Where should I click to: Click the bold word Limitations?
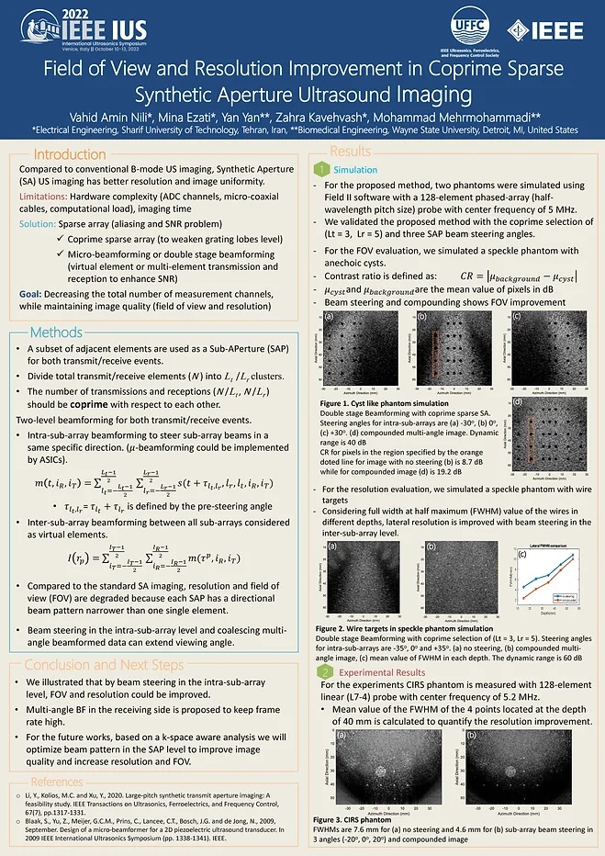coord(45,197)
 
